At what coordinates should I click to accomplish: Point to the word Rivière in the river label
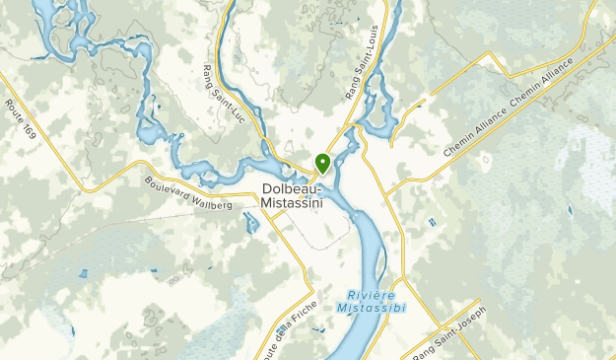tap(371, 294)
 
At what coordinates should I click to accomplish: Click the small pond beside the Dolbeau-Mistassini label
tap(251, 222)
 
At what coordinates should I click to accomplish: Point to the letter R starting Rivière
tap(351, 294)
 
